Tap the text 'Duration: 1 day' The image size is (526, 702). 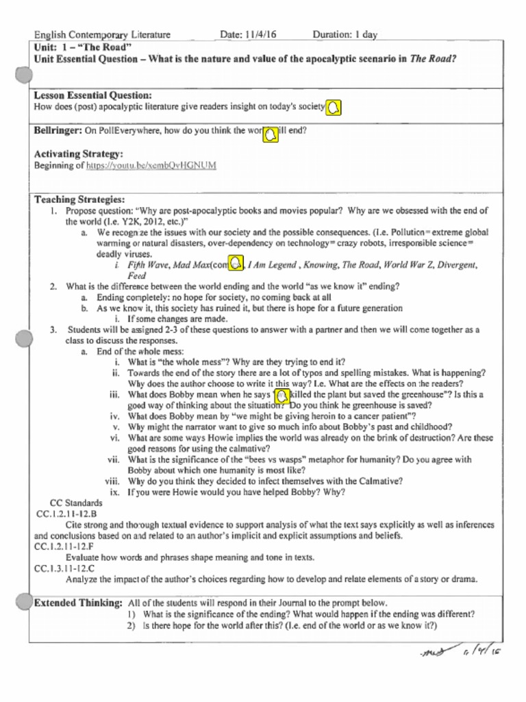[x=345, y=34]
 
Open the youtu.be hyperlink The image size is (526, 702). [x=151, y=165]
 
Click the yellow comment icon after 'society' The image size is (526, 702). [x=334, y=109]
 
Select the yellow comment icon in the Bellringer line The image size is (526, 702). [x=271, y=135]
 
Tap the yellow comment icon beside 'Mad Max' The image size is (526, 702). [x=236, y=263]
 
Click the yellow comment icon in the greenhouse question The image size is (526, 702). [x=281, y=398]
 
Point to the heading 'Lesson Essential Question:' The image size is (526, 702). [x=92, y=95]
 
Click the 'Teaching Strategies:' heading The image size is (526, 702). [x=79, y=199]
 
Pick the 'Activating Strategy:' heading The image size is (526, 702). [x=79, y=154]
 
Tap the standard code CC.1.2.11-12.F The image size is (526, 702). [x=64, y=546]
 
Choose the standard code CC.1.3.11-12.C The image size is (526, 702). [x=64, y=568]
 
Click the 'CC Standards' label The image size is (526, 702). [x=76, y=503]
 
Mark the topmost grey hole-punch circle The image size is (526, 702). [x=24, y=75]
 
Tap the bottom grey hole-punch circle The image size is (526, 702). [x=24, y=601]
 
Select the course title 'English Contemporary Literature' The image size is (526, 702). [x=102, y=34]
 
